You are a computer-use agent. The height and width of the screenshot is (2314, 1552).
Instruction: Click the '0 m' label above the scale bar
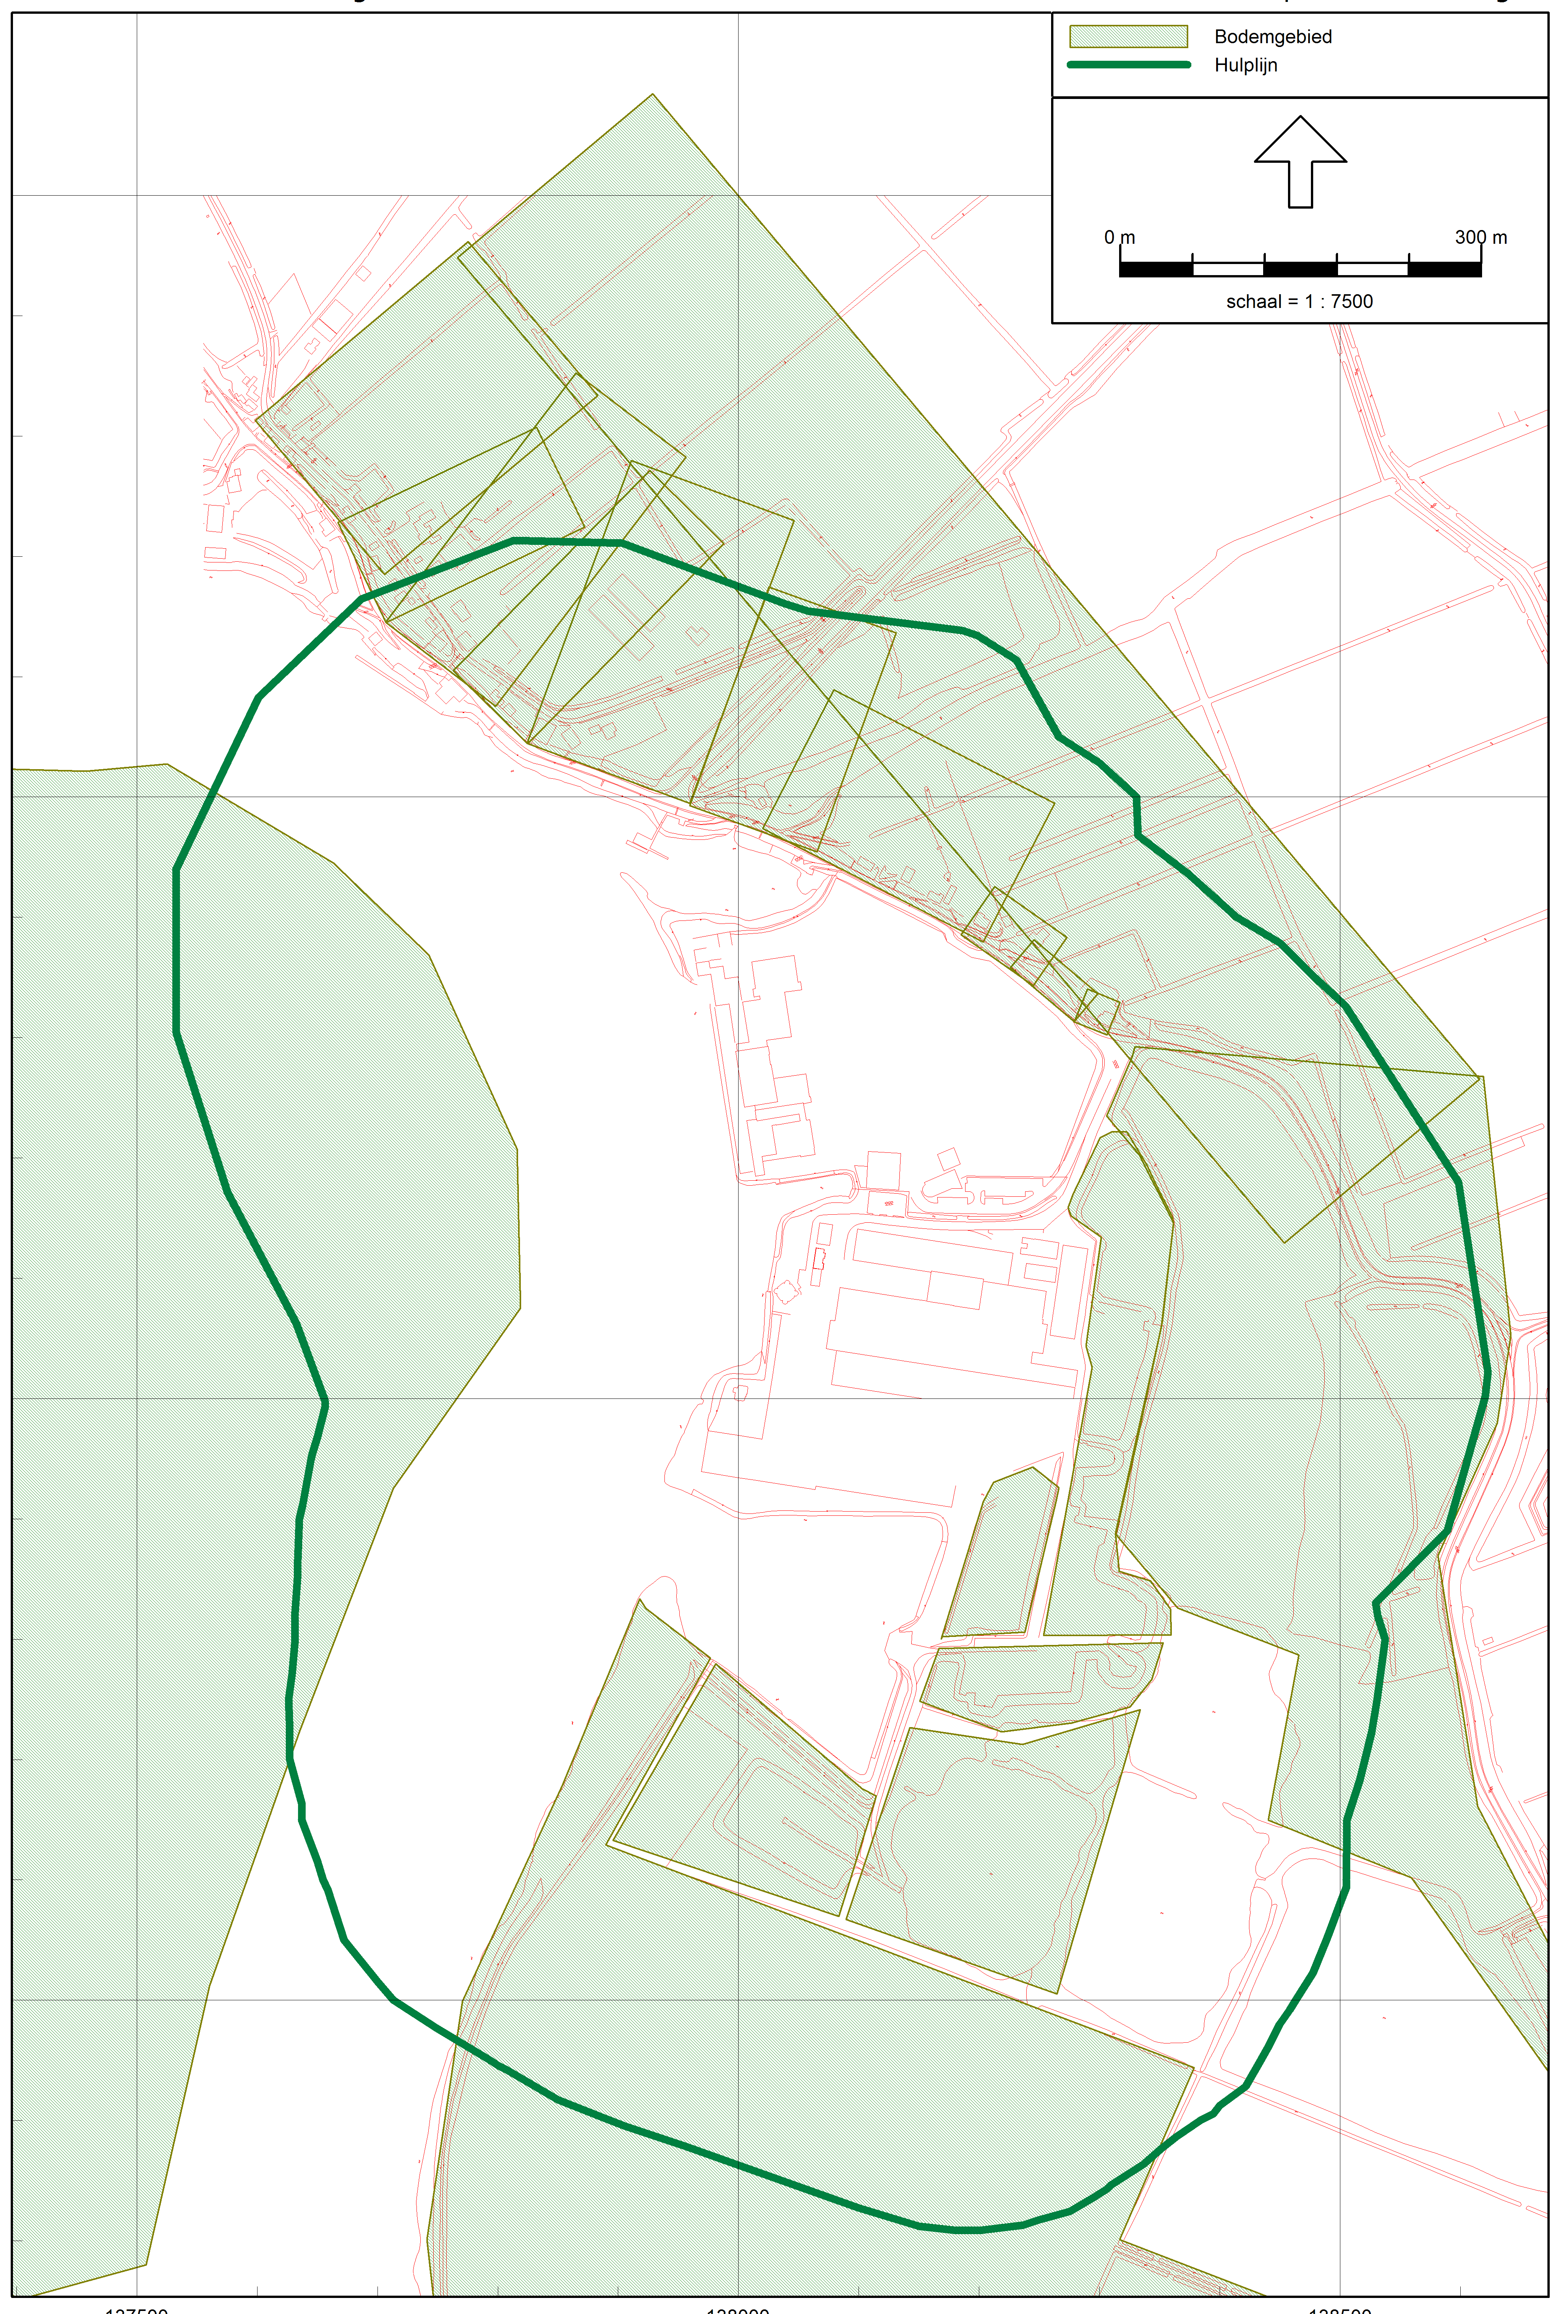[x=1119, y=238]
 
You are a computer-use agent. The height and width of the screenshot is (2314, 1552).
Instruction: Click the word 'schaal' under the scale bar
[x=1253, y=301]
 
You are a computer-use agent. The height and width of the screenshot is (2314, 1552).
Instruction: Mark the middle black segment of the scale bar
[x=1299, y=268]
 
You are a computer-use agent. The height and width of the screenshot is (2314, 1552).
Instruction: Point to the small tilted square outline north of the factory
[x=948, y=1157]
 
